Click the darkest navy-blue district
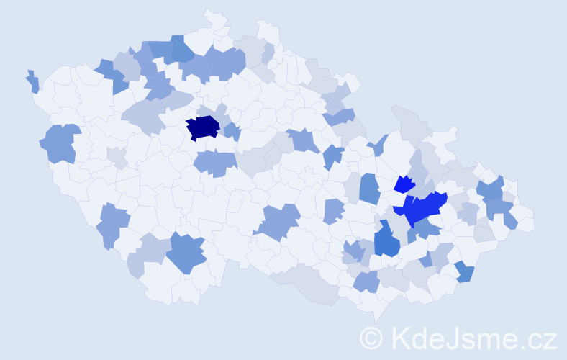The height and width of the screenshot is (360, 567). click(202, 127)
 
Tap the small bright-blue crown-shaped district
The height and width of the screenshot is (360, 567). click(404, 184)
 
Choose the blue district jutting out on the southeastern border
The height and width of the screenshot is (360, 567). click(465, 272)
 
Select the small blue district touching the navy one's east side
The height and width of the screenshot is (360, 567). click(232, 131)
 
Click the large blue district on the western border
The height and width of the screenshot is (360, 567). click(60, 143)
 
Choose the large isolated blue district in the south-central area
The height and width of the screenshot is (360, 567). click(279, 220)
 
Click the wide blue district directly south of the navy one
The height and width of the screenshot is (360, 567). click(214, 163)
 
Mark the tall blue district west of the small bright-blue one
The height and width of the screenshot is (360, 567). click(369, 189)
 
